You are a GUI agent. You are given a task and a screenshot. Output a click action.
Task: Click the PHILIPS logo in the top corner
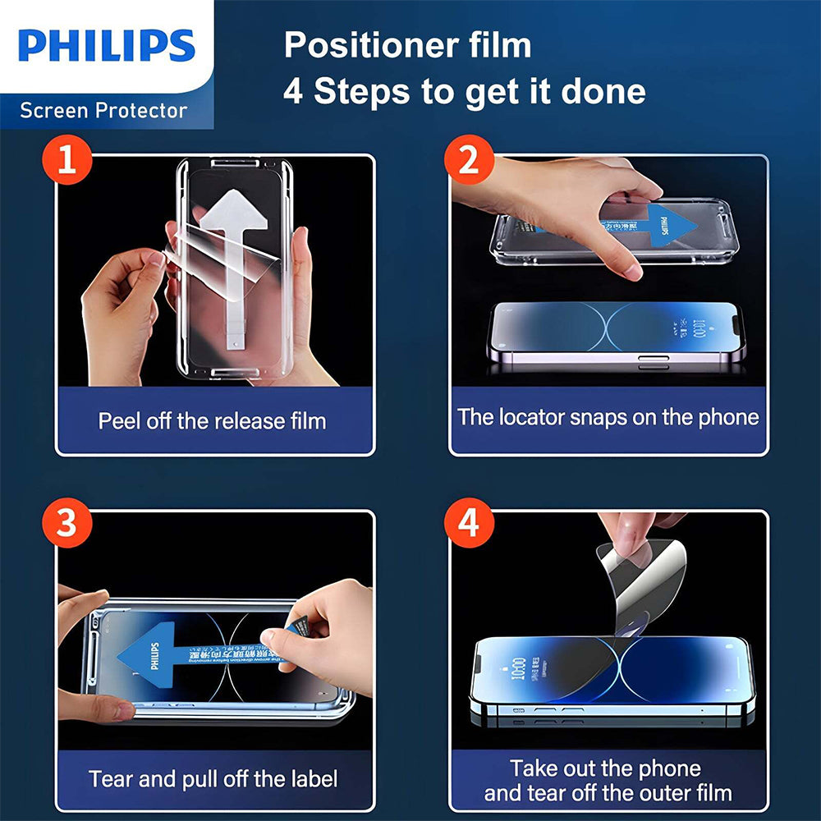pyautogui.click(x=106, y=46)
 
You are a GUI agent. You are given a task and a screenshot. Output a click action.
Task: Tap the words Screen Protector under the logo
pyautogui.click(x=103, y=110)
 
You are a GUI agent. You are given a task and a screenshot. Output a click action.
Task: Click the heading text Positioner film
pyautogui.click(x=407, y=45)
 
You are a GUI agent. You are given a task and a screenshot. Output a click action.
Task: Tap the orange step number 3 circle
pyautogui.click(x=67, y=524)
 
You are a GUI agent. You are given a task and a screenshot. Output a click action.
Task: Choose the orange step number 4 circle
pyautogui.click(x=469, y=524)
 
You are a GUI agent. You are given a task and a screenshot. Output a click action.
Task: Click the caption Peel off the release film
pyautogui.click(x=213, y=421)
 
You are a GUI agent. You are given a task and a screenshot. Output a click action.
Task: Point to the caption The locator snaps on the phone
pyautogui.click(x=608, y=417)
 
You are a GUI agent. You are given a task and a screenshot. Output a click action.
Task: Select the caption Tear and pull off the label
pyautogui.click(x=213, y=778)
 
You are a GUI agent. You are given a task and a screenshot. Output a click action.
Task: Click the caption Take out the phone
pyautogui.click(x=605, y=768)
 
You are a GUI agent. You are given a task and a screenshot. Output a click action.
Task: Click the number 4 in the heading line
pyautogui.click(x=293, y=92)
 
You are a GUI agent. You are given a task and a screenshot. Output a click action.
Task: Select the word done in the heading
pyautogui.click(x=603, y=92)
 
